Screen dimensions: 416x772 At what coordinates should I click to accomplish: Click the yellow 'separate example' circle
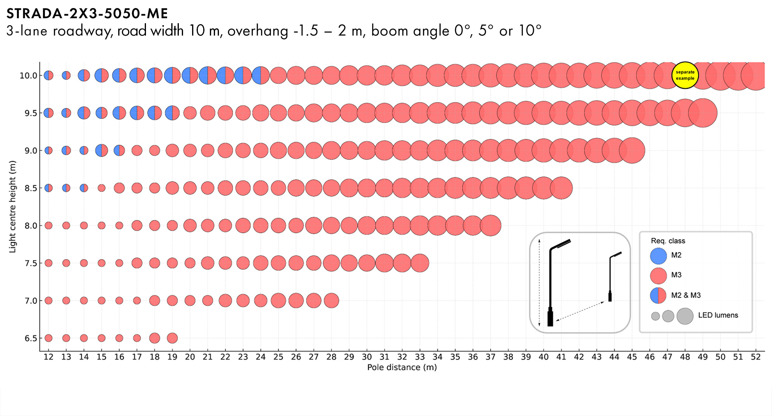[685, 75]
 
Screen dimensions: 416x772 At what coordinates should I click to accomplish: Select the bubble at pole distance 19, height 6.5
[172, 338]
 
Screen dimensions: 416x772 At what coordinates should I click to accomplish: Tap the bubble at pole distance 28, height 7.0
[331, 301]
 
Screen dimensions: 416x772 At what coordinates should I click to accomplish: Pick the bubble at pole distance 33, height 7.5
[420, 263]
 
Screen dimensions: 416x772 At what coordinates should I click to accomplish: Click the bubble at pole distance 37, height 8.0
[491, 225]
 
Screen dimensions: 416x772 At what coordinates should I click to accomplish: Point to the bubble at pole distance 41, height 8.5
[561, 188]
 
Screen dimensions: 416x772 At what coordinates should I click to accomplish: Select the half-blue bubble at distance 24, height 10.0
[261, 75]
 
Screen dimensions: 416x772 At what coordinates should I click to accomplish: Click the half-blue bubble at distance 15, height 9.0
[102, 150]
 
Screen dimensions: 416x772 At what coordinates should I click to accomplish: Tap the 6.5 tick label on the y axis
[31, 338]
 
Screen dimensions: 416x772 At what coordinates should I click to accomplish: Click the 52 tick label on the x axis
[755, 357]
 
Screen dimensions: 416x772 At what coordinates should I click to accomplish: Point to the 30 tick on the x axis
[367, 357]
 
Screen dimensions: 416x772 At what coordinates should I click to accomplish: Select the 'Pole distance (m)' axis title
[402, 367]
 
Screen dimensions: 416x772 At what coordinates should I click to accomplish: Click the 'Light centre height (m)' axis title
[12, 207]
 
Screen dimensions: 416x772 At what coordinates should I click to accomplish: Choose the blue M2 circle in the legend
[658, 256]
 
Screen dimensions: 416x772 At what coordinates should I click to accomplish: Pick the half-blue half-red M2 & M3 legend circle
[658, 295]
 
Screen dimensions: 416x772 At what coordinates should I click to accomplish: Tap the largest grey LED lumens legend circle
[685, 316]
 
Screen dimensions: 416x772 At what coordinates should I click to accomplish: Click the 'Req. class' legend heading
[668, 241]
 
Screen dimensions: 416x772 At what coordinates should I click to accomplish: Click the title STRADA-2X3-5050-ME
[87, 14]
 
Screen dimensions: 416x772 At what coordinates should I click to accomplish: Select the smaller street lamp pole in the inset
[610, 277]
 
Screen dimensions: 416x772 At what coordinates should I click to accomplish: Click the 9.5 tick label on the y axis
[31, 113]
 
